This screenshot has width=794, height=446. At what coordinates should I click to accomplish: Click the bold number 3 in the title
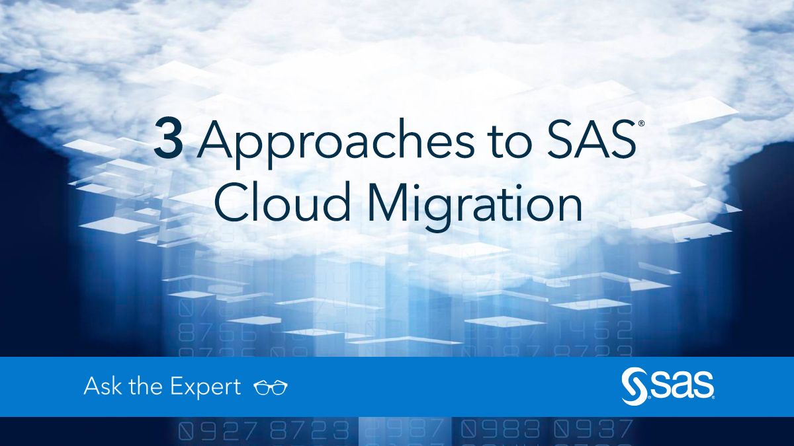tap(169, 141)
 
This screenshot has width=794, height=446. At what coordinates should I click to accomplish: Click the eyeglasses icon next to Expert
tap(271, 388)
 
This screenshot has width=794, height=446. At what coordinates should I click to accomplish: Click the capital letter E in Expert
tap(177, 387)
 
